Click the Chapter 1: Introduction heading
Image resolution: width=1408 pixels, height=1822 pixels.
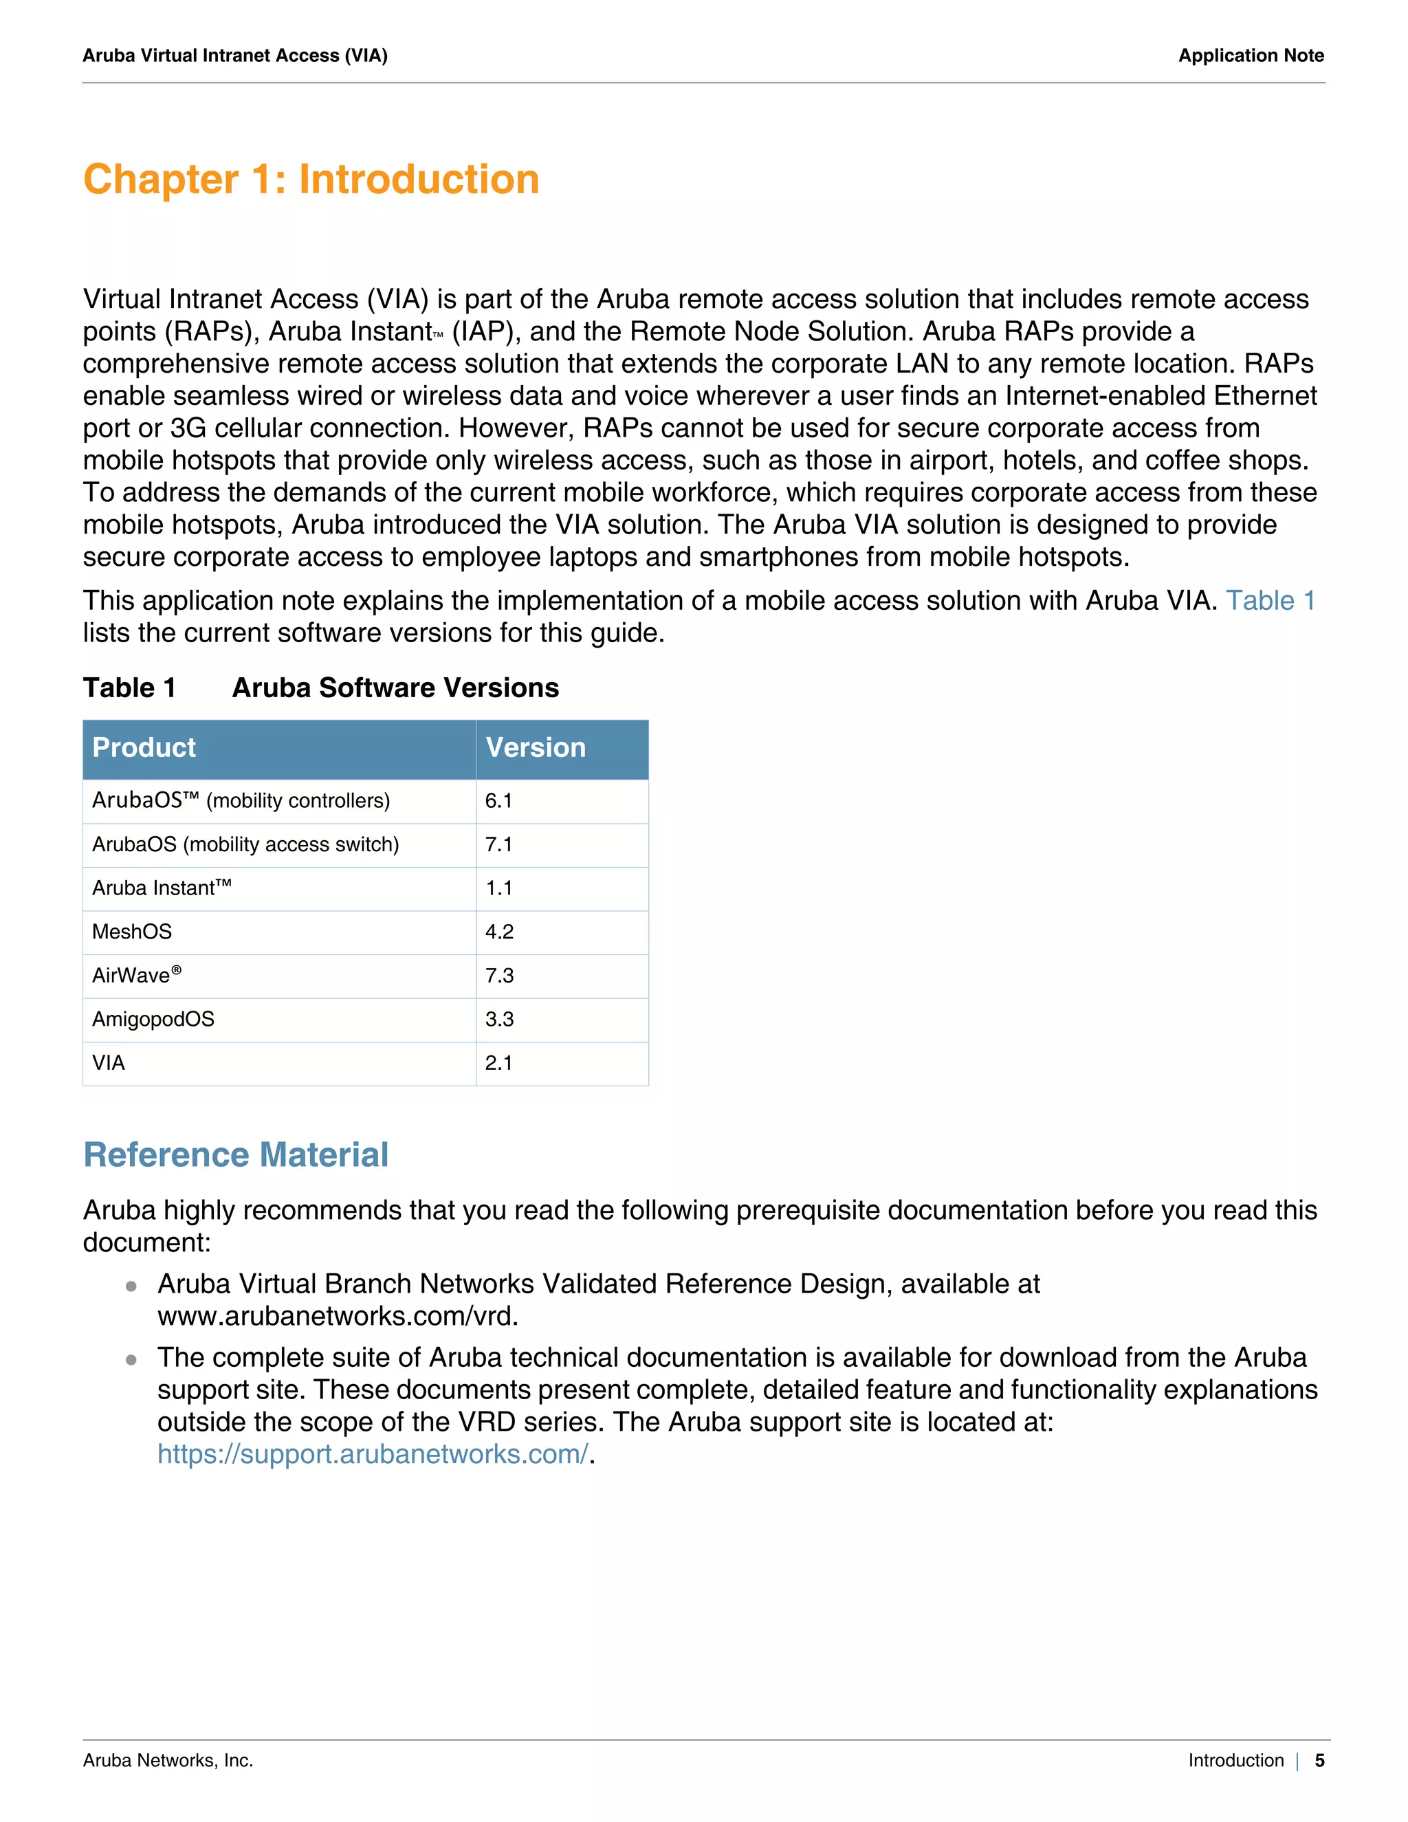pyautogui.click(x=311, y=179)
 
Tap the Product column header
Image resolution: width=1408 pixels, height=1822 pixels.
pyautogui.click(x=144, y=747)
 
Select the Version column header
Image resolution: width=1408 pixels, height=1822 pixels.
pyautogui.click(x=536, y=747)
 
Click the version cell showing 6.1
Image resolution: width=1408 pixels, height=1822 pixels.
pyautogui.click(x=499, y=801)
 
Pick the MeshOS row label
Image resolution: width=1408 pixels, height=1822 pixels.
pyautogui.click(x=132, y=932)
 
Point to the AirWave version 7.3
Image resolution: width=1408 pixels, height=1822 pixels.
pyautogui.click(x=500, y=975)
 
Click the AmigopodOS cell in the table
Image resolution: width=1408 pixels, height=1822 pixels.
pyautogui.click(x=153, y=1020)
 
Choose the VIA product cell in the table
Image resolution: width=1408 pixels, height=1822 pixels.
pyautogui.click(x=109, y=1063)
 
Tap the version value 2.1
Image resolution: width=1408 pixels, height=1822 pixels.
pyautogui.click(x=499, y=1063)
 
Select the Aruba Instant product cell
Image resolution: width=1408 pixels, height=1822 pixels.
pyautogui.click(x=162, y=888)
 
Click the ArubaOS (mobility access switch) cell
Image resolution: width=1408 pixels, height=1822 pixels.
pyautogui.click(x=245, y=844)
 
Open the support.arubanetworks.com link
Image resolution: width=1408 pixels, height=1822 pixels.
pyautogui.click(x=373, y=1454)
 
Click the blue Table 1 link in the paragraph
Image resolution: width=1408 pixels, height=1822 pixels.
pyautogui.click(x=1270, y=601)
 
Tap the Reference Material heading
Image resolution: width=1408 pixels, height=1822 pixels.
pyautogui.click(x=236, y=1156)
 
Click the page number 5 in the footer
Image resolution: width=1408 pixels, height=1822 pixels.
pyautogui.click(x=1319, y=1760)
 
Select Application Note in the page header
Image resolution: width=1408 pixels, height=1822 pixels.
pyautogui.click(x=1251, y=56)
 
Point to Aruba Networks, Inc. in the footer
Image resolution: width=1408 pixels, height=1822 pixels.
pyautogui.click(x=168, y=1760)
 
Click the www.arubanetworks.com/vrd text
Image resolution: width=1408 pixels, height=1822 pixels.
pyautogui.click(x=337, y=1317)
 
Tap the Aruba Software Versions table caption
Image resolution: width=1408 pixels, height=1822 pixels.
pyautogui.click(x=395, y=688)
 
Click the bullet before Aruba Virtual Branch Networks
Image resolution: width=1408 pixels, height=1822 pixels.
pyautogui.click(x=131, y=1286)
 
